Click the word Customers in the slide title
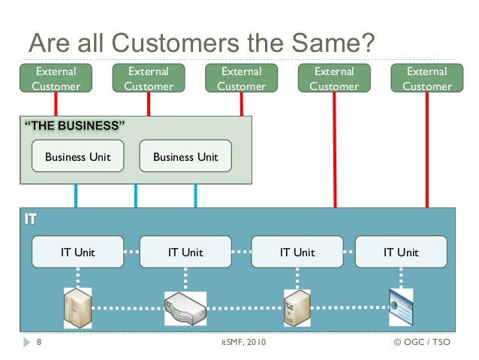(x=176, y=43)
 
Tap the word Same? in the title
(x=333, y=43)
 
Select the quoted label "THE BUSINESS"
(x=74, y=126)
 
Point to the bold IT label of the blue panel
(x=31, y=219)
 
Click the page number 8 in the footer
(x=39, y=342)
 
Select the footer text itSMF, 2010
(x=243, y=342)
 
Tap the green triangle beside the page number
(x=26, y=342)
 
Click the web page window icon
(x=401, y=307)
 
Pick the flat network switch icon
(x=185, y=308)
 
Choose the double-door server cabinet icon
(x=77, y=308)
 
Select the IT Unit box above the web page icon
(x=401, y=252)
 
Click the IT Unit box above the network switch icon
(x=185, y=252)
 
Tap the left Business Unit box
(x=77, y=156)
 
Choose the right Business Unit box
(x=185, y=156)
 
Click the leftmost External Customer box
(x=56, y=78)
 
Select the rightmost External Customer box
(x=427, y=78)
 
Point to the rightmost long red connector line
(x=427, y=150)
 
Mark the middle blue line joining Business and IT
(x=136, y=195)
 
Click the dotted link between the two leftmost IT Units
(x=131, y=252)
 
